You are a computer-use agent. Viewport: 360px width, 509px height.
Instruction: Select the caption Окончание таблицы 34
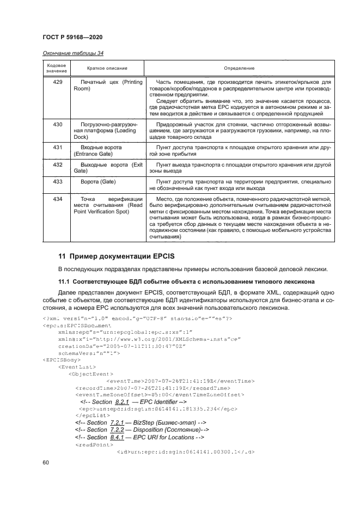73,53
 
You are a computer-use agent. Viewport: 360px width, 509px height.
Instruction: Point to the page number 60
46,462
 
